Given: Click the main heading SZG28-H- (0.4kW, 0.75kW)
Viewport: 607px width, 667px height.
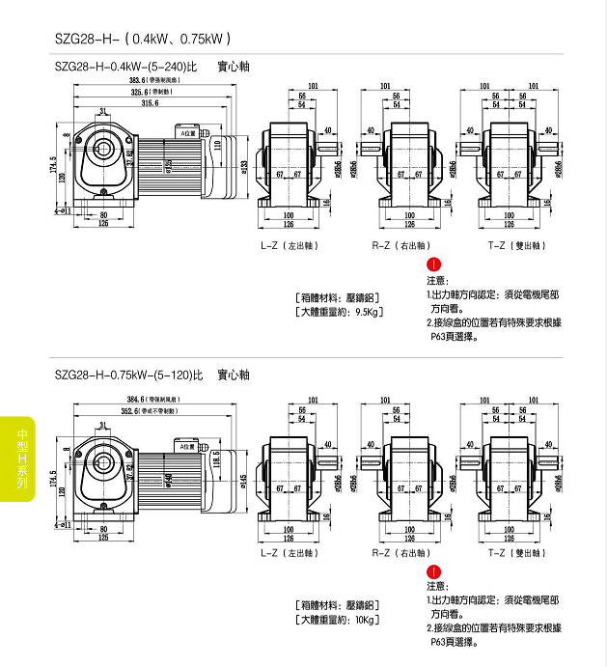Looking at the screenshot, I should [x=143, y=40].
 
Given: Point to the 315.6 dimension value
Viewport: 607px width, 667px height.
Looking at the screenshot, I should [x=150, y=102].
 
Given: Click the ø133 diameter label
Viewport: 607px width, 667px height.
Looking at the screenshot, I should [x=244, y=166].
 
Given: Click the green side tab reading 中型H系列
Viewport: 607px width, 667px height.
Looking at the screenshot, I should [x=18, y=458].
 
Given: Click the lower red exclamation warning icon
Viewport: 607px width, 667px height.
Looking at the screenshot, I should [x=434, y=571].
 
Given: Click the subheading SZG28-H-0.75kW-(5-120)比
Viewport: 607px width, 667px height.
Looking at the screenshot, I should [x=128, y=374].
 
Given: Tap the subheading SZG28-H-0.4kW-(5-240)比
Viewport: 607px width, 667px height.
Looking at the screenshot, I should [x=126, y=67].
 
